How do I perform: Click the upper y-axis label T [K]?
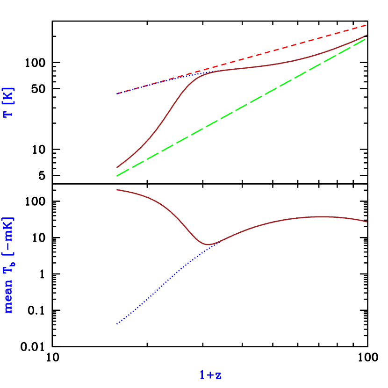coord(9,102)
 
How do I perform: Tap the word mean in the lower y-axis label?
coord(9,298)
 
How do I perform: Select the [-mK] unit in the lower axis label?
coord(9,237)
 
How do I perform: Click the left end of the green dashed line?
coord(117,176)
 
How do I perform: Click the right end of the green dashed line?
coord(366,38)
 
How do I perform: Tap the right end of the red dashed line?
coord(366,25)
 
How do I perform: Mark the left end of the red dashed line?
coord(117,93)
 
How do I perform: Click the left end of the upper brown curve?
coord(117,167)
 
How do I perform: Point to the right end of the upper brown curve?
coord(366,35)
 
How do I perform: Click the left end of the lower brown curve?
coord(117,189)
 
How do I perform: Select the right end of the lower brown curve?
coord(366,222)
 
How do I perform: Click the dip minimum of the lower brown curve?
coord(208,244)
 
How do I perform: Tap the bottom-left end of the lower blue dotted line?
coord(117,324)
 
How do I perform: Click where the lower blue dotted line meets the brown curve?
coord(216,242)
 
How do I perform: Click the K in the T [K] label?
coord(9,96)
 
